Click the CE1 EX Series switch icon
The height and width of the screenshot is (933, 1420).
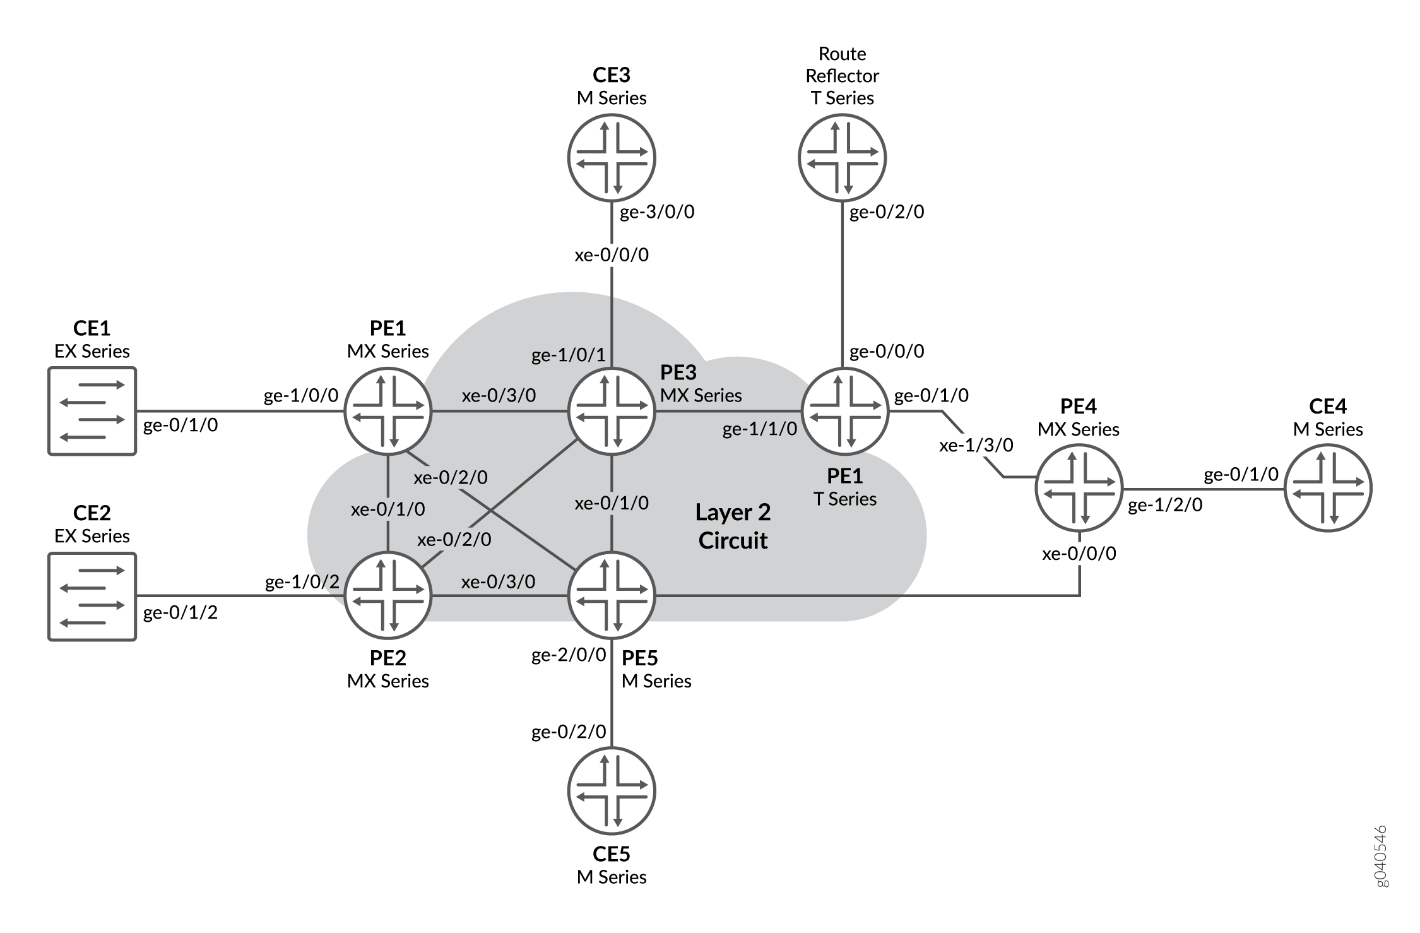pyautogui.click(x=92, y=411)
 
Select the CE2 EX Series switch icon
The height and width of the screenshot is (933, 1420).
pyautogui.click(x=92, y=597)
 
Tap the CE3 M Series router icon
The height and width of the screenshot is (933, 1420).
pyautogui.click(x=612, y=157)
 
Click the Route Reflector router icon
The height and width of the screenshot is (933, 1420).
pyautogui.click(x=842, y=157)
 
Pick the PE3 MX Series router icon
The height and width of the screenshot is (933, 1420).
pyautogui.click(x=612, y=411)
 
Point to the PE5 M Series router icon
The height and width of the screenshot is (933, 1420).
pyautogui.click(x=612, y=595)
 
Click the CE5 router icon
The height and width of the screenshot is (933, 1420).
pyautogui.click(x=612, y=791)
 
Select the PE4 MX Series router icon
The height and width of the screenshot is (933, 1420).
pyautogui.click(x=1079, y=488)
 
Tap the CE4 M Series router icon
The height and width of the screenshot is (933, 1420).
pyautogui.click(x=1328, y=488)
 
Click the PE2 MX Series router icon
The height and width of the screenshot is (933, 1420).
pyautogui.click(x=388, y=595)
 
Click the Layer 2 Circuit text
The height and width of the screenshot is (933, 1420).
pyautogui.click(x=733, y=526)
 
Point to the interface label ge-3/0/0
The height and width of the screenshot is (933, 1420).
pyautogui.click(x=657, y=212)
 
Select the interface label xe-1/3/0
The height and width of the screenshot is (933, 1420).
pyautogui.click(x=976, y=446)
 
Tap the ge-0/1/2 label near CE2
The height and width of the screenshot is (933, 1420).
pyautogui.click(x=180, y=612)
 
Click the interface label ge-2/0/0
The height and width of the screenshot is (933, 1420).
pyautogui.click(x=569, y=655)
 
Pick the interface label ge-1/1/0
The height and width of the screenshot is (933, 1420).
pyautogui.click(x=759, y=429)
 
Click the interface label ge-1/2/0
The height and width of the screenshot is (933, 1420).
pyautogui.click(x=1164, y=505)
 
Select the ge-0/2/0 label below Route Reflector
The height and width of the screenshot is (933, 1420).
pyautogui.click(x=887, y=212)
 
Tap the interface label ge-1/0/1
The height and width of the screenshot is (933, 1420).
pyautogui.click(x=568, y=355)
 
